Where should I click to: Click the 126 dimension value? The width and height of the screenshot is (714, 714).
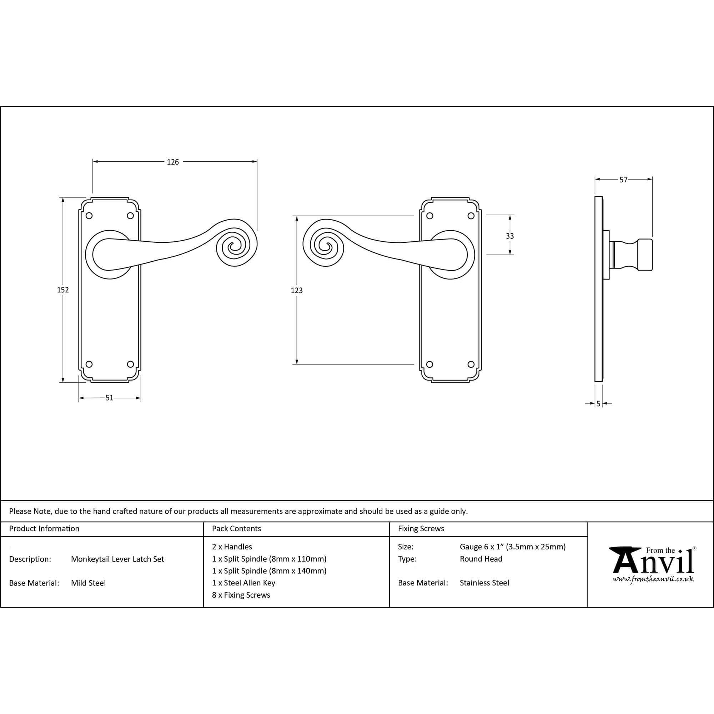coord(172,162)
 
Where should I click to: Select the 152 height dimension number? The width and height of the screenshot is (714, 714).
coord(63,290)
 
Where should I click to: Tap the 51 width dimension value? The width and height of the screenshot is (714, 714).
coord(109,398)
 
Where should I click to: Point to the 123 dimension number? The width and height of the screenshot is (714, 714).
coord(297,291)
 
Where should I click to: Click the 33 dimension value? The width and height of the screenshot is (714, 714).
coord(510,236)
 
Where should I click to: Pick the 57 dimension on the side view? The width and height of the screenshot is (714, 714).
coord(623,180)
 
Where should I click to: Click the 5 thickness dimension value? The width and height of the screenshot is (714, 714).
coord(598,404)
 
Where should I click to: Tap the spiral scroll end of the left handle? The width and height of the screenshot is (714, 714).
coord(235,246)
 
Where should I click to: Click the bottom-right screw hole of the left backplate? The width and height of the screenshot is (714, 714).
coord(130,364)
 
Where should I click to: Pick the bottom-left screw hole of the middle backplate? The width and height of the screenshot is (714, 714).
coord(429,364)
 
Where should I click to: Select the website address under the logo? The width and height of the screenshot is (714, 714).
coord(653,579)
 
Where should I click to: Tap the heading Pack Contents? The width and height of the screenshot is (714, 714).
coord(237,528)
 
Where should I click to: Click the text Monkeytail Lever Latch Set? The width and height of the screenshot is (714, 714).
coord(117,559)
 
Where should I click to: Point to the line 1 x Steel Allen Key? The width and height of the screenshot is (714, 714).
coord(243,583)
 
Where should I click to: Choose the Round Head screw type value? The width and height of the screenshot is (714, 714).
coord(481,559)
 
